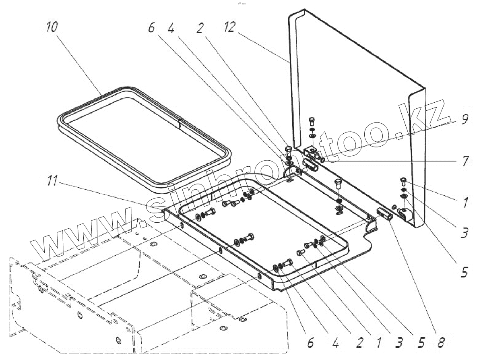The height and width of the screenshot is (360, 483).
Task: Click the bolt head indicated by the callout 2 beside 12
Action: (x=288, y=151)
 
